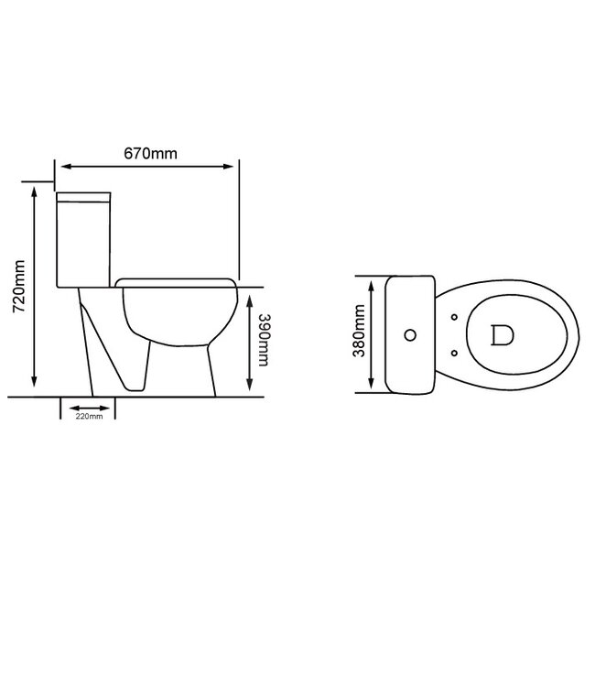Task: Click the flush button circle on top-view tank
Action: click(410, 334)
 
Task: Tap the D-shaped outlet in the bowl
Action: click(498, 334)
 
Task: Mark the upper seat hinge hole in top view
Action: click(455, 318)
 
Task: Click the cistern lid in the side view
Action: click(84, 195)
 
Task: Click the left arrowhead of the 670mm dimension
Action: click(61, 166)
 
